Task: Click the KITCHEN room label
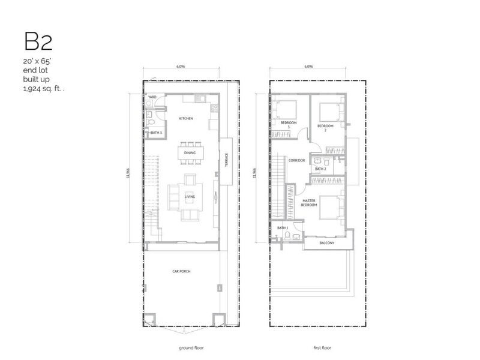[x=185, y=119]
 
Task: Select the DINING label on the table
[x=190, y=154]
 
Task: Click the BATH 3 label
[x=157, y=132]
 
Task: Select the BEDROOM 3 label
[x=289, y=125]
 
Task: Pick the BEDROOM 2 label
[x=325, y=127]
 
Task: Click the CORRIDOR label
[x=297, y=161]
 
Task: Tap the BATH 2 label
[x=320, y=169]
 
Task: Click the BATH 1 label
[x=283, y=229]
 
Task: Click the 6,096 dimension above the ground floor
[x=181, y=67]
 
